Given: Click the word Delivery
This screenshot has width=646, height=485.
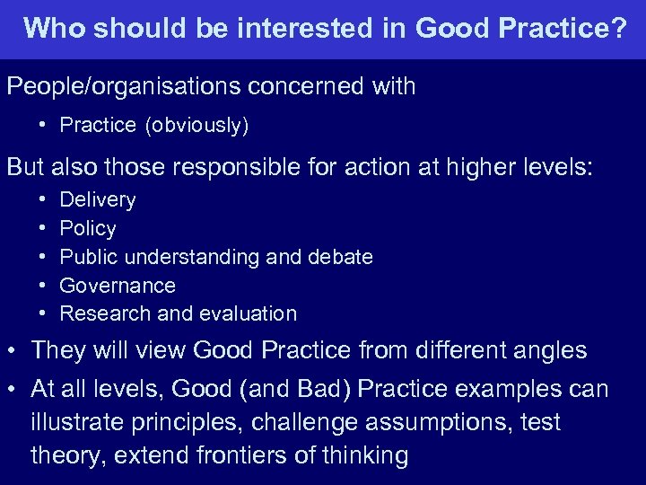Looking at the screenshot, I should click(x=98, y=199).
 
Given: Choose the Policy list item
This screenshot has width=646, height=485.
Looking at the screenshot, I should click(x=88, y=228).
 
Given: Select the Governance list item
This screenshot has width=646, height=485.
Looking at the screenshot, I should click(x=118, y=286).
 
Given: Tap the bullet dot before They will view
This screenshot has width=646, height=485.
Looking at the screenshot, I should click(x=14, y=350).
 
